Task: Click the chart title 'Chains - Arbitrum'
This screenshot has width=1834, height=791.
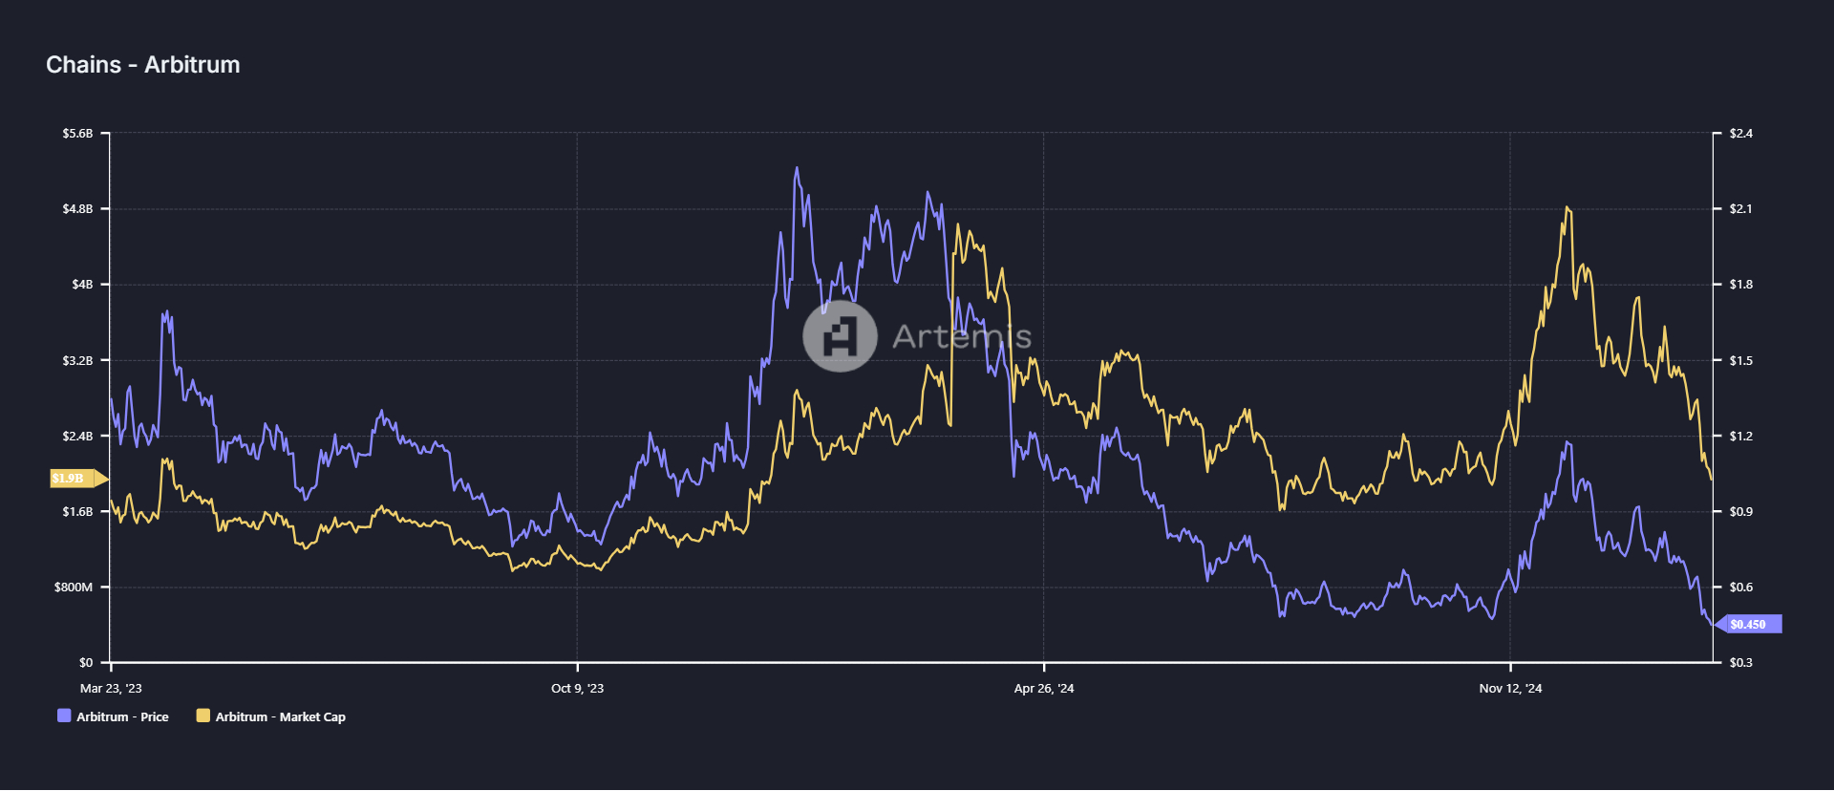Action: pyautogui.click(x=143, y=65)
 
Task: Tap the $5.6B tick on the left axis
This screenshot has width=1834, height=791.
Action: pyautogui.click(x=77, y=134)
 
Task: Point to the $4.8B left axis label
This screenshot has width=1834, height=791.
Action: pyautogui.click(x=77, y=209)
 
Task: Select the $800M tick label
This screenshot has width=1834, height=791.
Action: pyautogui.click(x=74, y=588)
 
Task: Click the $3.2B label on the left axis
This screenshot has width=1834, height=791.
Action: pyautogui.click(x=77, y=361)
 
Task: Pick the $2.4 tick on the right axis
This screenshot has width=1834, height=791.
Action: pyautogui.click(x=1740, y=134)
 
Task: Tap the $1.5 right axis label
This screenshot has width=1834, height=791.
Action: pyautogui.click(x=1740, y=361)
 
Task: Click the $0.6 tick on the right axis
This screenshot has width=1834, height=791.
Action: pyautogui.click(x=1740, y=588)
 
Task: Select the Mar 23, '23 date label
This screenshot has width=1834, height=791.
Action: pyautogui.click(x=111, y=689)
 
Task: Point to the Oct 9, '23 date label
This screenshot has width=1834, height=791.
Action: pyautogui.click(x=577, y=689)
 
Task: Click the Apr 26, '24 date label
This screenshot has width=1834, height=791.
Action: pyautogui.click(x=1043, y=689)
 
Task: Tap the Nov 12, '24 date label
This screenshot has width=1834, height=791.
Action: pyautogui.click(x=1510, y=689)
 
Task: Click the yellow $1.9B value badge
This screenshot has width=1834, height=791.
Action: pyautogui.click(x=70, y=479)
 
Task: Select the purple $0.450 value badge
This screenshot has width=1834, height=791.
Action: pyautogui.click(x=1748, y=625)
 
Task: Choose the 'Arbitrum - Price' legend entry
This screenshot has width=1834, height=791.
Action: pyautogui.click(x=114, y=716)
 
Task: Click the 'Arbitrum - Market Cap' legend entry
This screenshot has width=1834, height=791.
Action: pyautogui.click(x=271, y=716)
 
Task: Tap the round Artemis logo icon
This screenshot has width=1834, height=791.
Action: pyautogui.click(x=840, y=336)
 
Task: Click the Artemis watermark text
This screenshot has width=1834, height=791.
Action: pyautogui.click(x=961, y=336)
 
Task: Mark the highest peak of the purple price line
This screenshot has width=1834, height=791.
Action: pyautogui.click(x=797, y=168)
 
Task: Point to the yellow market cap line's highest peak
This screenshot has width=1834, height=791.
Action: pyautogui.click(x=1567, y=207)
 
